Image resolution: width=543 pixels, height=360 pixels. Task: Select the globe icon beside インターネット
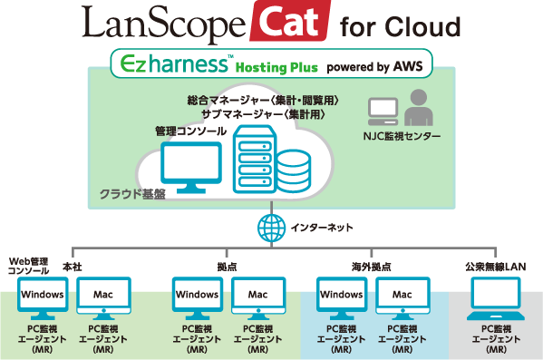(270, 228)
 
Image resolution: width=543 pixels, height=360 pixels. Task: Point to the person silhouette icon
(418, 110)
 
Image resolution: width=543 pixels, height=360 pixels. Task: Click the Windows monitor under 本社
(42, 297)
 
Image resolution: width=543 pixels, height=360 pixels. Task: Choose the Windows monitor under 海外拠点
(342, 297)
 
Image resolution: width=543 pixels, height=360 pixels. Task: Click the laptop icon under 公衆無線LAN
(497, 299)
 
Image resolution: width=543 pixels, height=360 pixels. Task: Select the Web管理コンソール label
(27, 267)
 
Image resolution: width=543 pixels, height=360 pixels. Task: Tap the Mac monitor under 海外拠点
(402, 297)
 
